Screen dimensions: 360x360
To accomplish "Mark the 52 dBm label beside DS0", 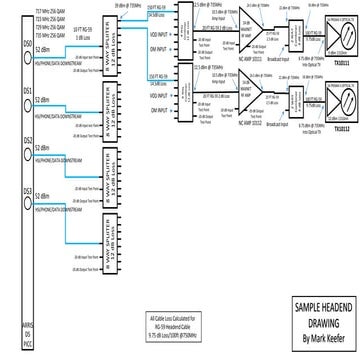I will click(x=45, y=49).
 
